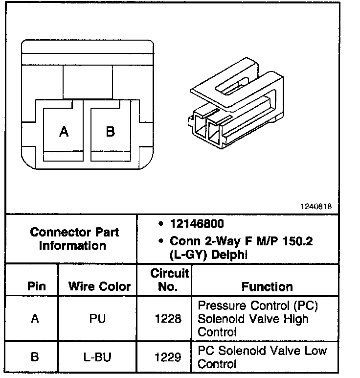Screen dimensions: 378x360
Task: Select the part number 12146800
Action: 197,224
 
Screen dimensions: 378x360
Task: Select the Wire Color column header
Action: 99,286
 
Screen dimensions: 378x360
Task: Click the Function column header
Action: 267,286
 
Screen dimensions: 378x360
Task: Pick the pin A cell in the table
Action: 34,318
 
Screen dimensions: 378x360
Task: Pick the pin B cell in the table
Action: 34,357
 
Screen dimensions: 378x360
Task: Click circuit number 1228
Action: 168,319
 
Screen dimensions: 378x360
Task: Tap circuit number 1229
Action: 168,357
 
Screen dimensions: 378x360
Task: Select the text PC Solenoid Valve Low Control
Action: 262,357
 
